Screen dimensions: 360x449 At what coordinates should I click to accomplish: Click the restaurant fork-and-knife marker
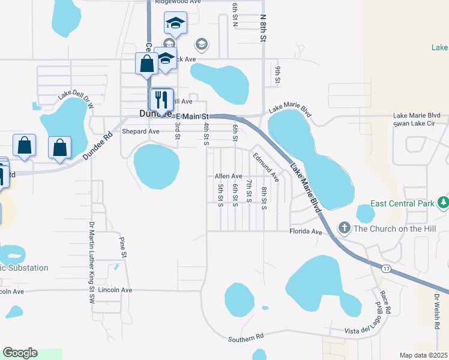pos(161,99)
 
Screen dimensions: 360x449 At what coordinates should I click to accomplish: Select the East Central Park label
pos(402,203)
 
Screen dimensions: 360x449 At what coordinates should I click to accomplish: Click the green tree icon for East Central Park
pos(444,203)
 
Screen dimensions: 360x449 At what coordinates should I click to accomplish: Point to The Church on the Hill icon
pos(344,227)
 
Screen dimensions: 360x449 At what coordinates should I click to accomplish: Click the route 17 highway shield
pos(386,268)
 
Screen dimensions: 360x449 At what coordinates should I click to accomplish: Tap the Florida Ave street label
pos(306,231)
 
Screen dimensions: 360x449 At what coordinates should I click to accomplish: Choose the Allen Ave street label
pos(228,176)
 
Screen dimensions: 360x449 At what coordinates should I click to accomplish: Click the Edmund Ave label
pos(265,167)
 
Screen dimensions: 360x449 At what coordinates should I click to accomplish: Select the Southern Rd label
pos(246,339)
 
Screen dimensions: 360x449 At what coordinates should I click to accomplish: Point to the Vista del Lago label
pos(368,331)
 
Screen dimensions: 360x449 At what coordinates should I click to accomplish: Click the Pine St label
pos(123,247)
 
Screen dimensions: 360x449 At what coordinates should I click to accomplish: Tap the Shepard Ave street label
pos(140,131)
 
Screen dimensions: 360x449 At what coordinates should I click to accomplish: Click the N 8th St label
pos(262,28)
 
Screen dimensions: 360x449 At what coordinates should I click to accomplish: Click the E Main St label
pos(191,116)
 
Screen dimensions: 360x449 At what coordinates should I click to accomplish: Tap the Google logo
pos(20,353)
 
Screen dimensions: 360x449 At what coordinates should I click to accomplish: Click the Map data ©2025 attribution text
pos(423,355)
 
